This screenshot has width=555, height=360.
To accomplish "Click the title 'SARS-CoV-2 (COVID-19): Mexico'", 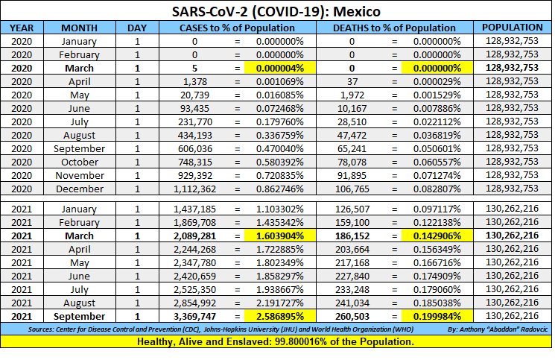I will click(x=276, y=12).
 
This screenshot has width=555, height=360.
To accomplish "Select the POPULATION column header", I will click(x=511, y=28).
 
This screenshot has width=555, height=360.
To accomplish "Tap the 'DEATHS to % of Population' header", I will click(x=396, y=28).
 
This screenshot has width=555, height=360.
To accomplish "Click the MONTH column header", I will click(x=79, y=28).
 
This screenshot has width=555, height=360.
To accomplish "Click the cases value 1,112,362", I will click(x=190, y=189).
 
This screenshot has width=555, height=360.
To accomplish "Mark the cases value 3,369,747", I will click(x=190, y=317).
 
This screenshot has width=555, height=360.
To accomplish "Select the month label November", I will click(x=79, y=175).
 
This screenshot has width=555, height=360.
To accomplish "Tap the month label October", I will click(x=79, y=162).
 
